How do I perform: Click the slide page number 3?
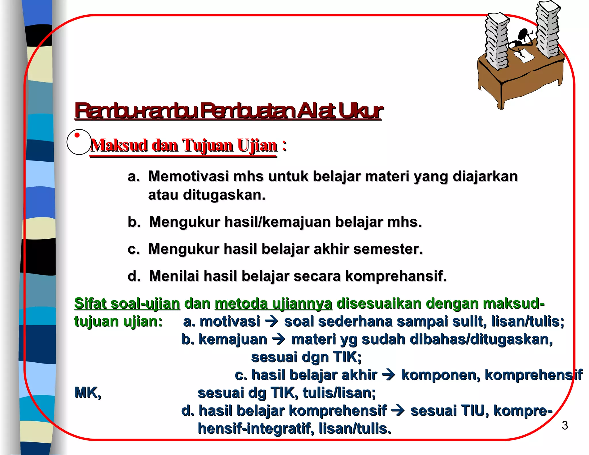point(565,425)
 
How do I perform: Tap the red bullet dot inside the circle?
point(77,135)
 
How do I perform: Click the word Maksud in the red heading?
point(119,145)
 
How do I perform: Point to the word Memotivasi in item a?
point(188,176)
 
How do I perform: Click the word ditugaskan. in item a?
point(224,195)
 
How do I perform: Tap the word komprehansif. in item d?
point(395,276)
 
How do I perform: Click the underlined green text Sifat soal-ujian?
point(127,303)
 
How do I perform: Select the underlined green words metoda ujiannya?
point(274,303)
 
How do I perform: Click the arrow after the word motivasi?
point(271,322)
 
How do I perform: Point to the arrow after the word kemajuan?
point(278,340)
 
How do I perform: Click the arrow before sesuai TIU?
point(398,411)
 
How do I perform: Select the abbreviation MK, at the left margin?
point(88,393)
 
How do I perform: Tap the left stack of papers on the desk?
point(496,40)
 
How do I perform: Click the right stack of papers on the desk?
point(548,29)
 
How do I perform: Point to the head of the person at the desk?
point(523,34)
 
